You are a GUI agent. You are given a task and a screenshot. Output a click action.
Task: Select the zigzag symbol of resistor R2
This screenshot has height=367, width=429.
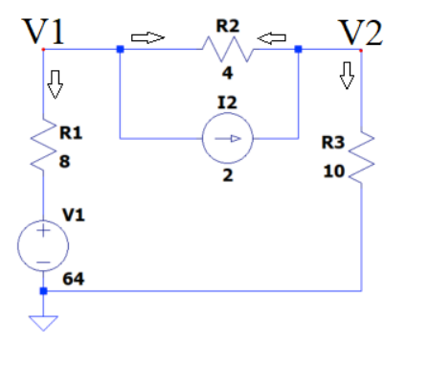(226, 49)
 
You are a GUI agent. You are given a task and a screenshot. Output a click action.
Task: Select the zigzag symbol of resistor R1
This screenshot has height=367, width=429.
(44, 147)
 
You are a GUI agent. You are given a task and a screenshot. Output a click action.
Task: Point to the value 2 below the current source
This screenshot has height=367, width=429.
(227, 175)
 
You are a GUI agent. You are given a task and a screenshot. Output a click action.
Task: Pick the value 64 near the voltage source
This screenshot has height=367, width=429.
(74, 279)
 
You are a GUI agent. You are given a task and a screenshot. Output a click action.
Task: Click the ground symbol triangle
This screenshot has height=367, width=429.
(43, 322)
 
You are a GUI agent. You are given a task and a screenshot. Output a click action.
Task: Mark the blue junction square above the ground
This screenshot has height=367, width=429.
(43, 290)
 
